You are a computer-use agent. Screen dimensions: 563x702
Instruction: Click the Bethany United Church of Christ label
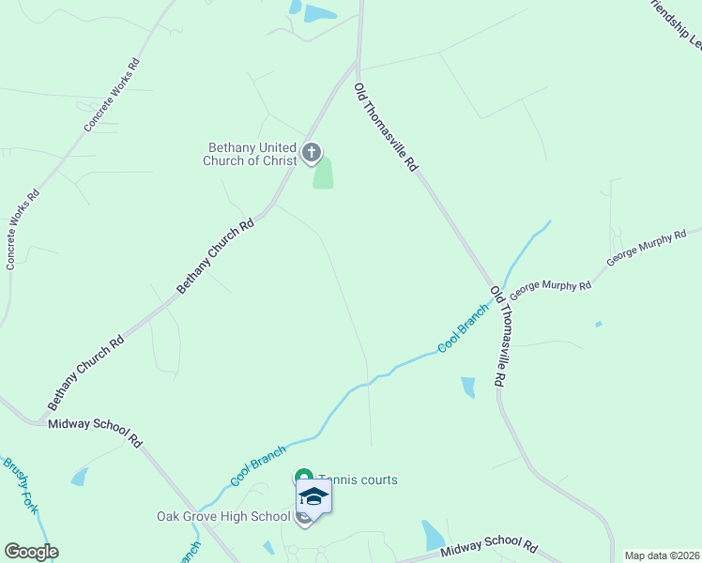coord(251,154)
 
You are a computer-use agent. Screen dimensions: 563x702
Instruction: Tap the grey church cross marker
coord(312,152)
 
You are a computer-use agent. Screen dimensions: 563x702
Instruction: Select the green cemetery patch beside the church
coord(323,174)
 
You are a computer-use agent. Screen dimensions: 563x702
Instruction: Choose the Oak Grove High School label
coord(223,516)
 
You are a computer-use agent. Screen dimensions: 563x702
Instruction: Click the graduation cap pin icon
coord(313,496)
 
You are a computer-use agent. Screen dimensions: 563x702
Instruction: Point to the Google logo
coord(32,551)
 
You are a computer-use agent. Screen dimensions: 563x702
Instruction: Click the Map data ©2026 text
coord(663,555)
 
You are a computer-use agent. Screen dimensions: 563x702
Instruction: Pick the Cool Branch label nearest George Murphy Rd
coord(464,328)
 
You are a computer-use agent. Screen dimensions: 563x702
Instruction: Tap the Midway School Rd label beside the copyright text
coord(489,547)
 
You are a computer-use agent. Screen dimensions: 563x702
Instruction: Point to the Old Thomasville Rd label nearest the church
coord(385,127)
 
